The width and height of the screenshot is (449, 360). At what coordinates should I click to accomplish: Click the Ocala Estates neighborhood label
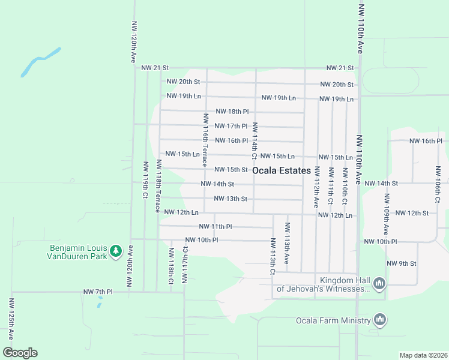tap(282, 170)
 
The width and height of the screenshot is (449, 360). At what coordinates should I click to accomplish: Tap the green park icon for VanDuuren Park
tap(116, 250)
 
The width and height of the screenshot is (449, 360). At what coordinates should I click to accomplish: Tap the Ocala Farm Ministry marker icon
tap(379, 320)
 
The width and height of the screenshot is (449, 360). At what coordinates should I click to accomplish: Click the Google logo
tap(20, 353)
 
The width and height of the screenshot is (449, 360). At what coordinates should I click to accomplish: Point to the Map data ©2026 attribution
tap(423, 355)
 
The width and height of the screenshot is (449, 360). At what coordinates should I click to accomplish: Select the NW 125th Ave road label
tap(10, 319)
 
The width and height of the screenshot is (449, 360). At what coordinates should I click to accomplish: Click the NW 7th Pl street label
tap(98, 292)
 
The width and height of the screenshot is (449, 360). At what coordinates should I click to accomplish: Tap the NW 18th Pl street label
tap(232, 112)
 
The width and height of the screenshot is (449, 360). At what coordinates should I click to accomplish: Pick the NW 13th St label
tap(231, 199)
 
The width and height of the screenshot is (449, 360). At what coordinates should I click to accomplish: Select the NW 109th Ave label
tap(386, 214)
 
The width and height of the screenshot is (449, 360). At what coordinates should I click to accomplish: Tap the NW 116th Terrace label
tap(205, 140)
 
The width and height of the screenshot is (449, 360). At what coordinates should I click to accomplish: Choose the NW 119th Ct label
tap(145, 180)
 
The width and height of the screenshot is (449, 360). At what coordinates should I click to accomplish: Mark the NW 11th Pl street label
tap(215, 227)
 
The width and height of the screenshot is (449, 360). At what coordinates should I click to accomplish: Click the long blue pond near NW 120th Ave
tap(40, 62)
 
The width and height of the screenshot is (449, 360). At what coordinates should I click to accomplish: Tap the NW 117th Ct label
tap(185, 264)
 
